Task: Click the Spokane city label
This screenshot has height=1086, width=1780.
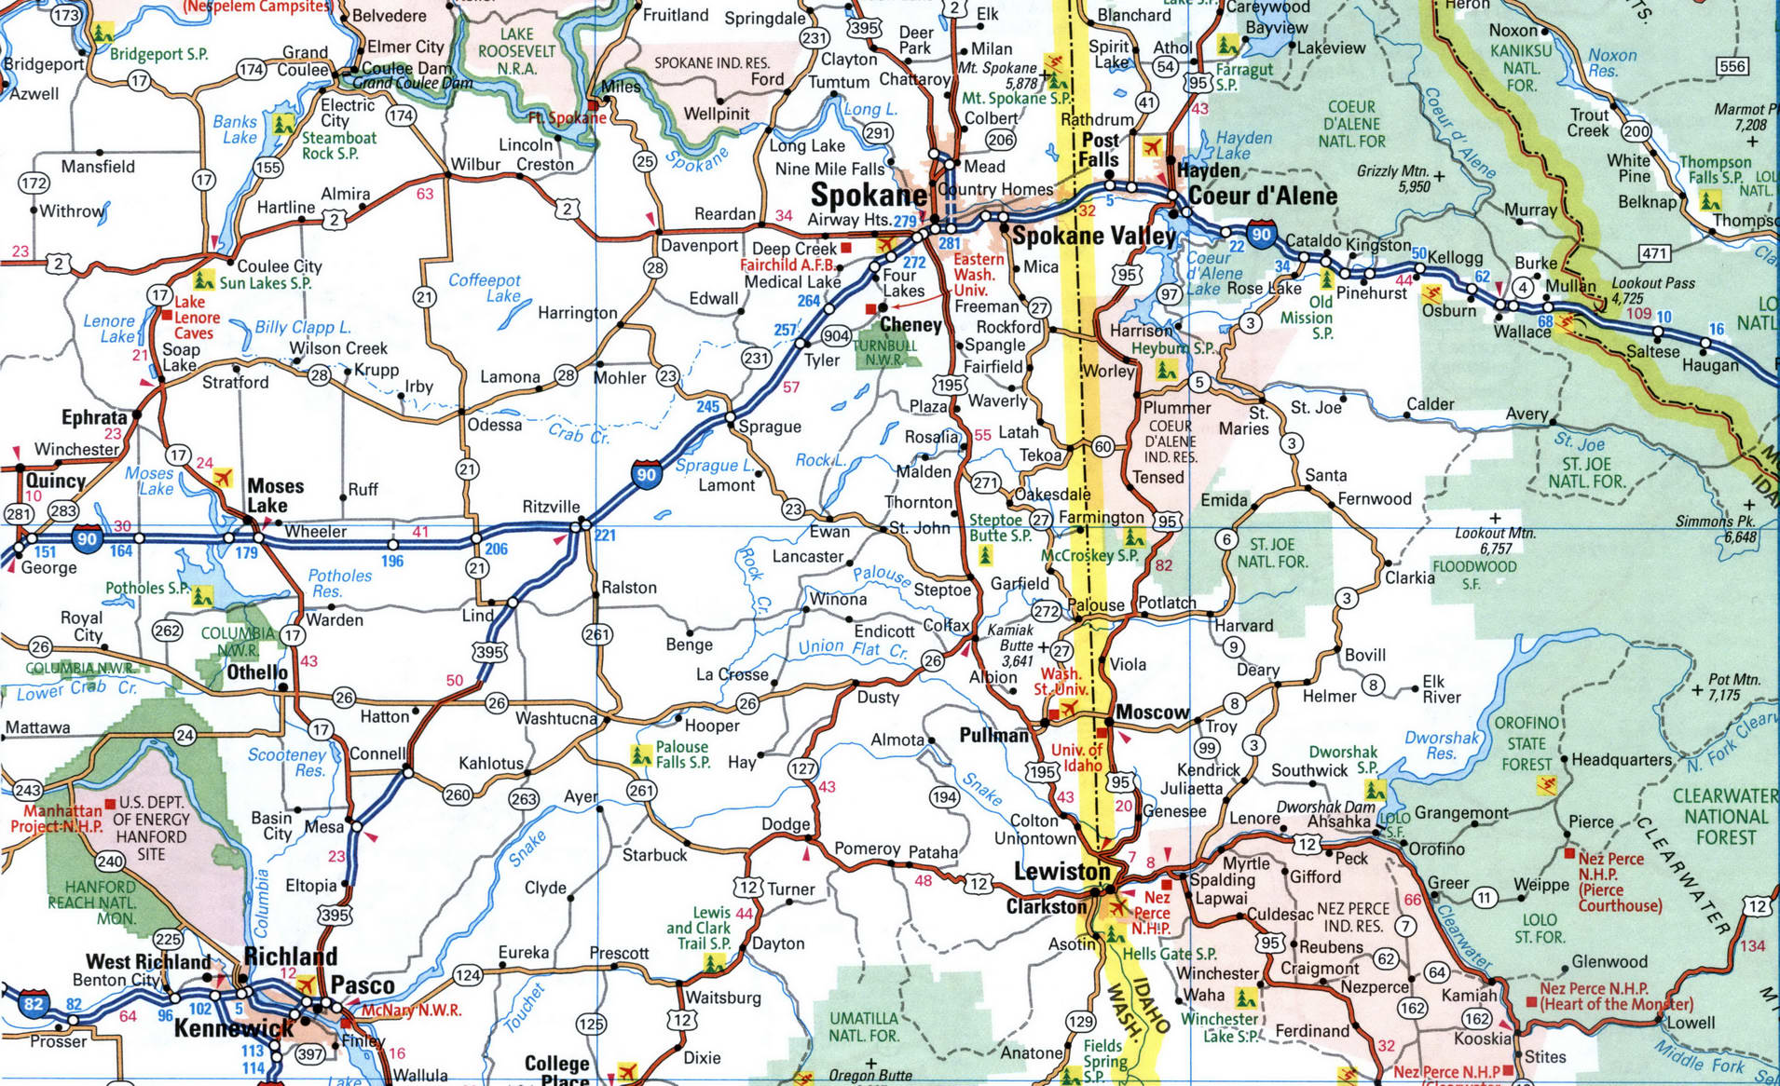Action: click(868, 196)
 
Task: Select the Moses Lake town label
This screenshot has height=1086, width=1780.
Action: click(274, 495)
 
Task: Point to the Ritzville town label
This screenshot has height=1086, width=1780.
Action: click(551, 507)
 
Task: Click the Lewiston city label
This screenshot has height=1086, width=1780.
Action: click(1061, 872)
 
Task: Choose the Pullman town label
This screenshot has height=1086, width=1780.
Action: click(993, 735)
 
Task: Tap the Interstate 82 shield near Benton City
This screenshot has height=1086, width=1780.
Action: click(34, 1003)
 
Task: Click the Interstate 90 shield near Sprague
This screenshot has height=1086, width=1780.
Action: click(646, 474)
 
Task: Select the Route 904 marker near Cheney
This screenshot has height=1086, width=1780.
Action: click(836, 336)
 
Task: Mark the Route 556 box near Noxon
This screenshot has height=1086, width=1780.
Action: click(1732, 66)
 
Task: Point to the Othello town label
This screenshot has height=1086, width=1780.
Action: click(257, 672)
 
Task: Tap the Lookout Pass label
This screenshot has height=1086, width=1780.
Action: click(1653, 283)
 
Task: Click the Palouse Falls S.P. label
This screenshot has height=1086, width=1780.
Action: click(682, 754)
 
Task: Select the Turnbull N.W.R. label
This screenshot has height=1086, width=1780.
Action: click(884, 352)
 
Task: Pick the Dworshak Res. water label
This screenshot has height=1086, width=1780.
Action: click(1441, 745)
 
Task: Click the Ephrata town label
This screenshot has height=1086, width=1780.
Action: click(94, 417)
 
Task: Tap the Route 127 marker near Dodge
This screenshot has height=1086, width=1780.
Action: click(802, 768)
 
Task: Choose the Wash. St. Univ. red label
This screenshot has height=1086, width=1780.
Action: click(1061, 681)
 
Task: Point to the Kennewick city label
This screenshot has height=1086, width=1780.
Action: click(234, 1028)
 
